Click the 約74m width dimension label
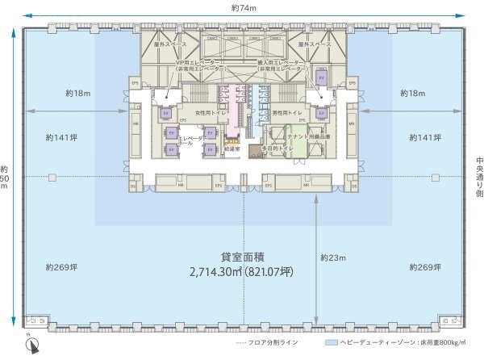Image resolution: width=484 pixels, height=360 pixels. click(x=243, y=7)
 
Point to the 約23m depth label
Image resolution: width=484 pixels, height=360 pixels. click(x=332, y=257)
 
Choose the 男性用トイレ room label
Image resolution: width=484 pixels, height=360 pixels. click(x=284, y=111)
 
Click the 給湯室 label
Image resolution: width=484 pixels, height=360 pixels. click(x=233, y=149)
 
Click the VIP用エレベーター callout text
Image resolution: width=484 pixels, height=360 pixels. click(x=198, y=65)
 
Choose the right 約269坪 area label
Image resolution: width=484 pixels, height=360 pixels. click(x=424, y=266)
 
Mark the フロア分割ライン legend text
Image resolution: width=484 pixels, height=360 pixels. click(x=273, y=343)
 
